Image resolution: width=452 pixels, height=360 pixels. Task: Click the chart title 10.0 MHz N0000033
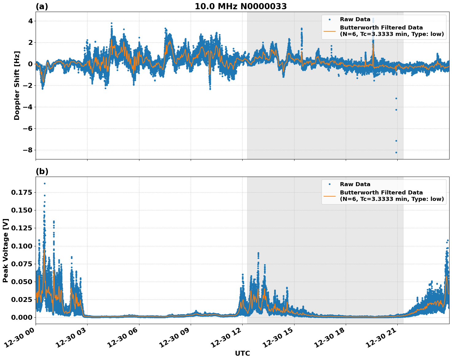(241, 6)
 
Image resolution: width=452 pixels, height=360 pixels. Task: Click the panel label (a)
(42, 6)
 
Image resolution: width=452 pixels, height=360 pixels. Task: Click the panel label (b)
(42, 171)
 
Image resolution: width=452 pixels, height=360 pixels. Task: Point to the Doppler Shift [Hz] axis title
(17, 85)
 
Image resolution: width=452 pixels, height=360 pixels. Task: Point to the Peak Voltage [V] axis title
(6, 250)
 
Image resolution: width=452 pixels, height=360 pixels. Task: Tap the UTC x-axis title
(242, 353)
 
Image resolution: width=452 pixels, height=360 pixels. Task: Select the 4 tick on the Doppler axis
(30, 21)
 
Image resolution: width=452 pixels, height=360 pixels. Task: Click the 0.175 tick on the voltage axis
(21, 193)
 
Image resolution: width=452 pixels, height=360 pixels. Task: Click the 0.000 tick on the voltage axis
(21, 317)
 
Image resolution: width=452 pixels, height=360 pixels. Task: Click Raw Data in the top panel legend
(355, 19)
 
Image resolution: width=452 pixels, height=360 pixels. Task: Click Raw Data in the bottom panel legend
(355, 184)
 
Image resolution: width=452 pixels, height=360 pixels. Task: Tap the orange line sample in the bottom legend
(329, 196)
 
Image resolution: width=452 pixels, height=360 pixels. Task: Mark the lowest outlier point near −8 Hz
(396, 152)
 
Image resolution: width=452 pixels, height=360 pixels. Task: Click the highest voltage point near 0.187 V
(45, 184)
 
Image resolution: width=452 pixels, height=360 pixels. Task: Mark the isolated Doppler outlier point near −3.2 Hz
(396, 98)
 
